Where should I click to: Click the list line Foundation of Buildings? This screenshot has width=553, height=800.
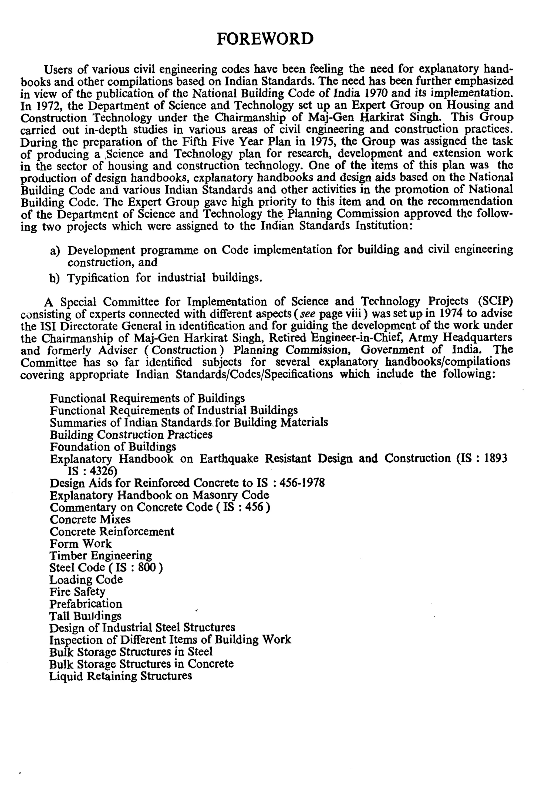coord(113,447)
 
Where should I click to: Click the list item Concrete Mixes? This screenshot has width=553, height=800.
coord(90,519)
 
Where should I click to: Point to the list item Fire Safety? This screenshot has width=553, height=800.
coord(77,592)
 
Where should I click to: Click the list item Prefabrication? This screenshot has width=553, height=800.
coord(86,604)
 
